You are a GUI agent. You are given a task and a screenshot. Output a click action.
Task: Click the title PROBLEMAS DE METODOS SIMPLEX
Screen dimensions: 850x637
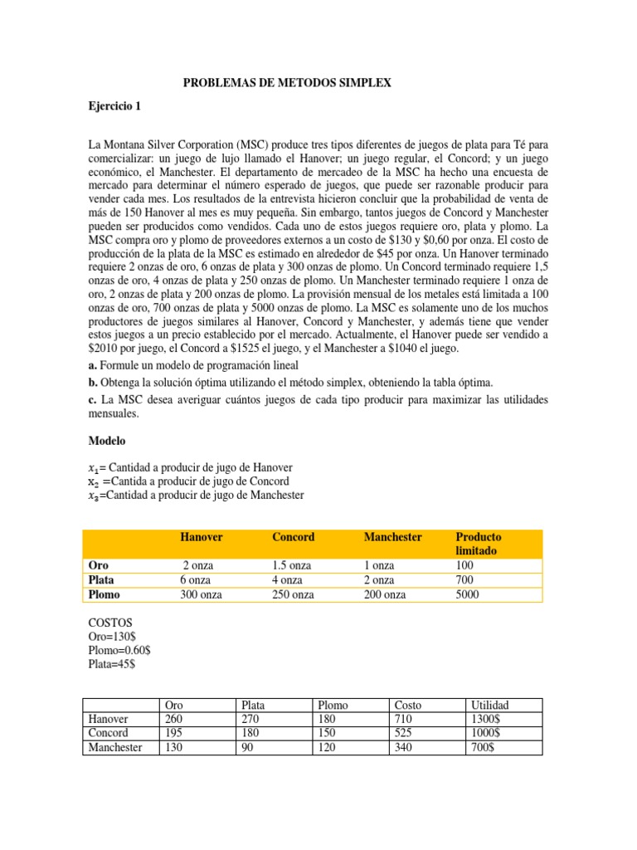pyautogui.click(x=285, y=84)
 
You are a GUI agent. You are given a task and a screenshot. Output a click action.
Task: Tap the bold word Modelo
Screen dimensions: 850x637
pyautogui.click(x=108, y=442)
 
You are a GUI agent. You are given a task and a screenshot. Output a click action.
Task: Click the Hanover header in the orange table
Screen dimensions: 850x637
pyautogui.click(x=202, y=537)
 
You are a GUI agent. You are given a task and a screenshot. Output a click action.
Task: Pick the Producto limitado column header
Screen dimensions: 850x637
pyautogui.click(x=479, y=544)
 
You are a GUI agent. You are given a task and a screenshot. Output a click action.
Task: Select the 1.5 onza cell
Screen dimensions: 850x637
pyautogui.click(x=292, y=565)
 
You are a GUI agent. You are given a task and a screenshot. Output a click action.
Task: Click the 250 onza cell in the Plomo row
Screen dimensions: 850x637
pyautogui.click(x=293, y=594)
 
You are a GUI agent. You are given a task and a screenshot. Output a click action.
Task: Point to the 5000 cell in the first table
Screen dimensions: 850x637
pyautogui.click(x=468, y=594)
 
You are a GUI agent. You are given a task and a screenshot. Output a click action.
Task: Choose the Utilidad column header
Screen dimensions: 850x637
pyautogui.click(x=490, y=705)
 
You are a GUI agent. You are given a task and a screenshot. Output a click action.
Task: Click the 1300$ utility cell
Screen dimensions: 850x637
pyautogui.click(x=485, y=719)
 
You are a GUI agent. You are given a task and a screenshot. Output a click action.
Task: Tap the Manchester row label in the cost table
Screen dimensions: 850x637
pyautogui.click(x=115, y=747)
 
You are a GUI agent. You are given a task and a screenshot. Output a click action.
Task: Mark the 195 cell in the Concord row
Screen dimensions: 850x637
pyautogui.click(x=175, y=733)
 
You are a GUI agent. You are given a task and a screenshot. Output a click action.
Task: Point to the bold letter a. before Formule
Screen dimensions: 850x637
pyautogui.click(x=93, y=365)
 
